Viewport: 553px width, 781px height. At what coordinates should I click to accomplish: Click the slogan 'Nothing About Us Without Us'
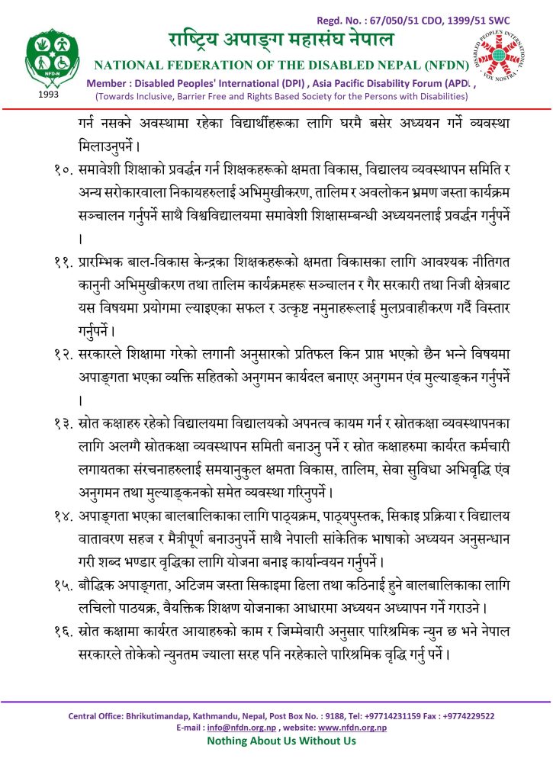281,741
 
